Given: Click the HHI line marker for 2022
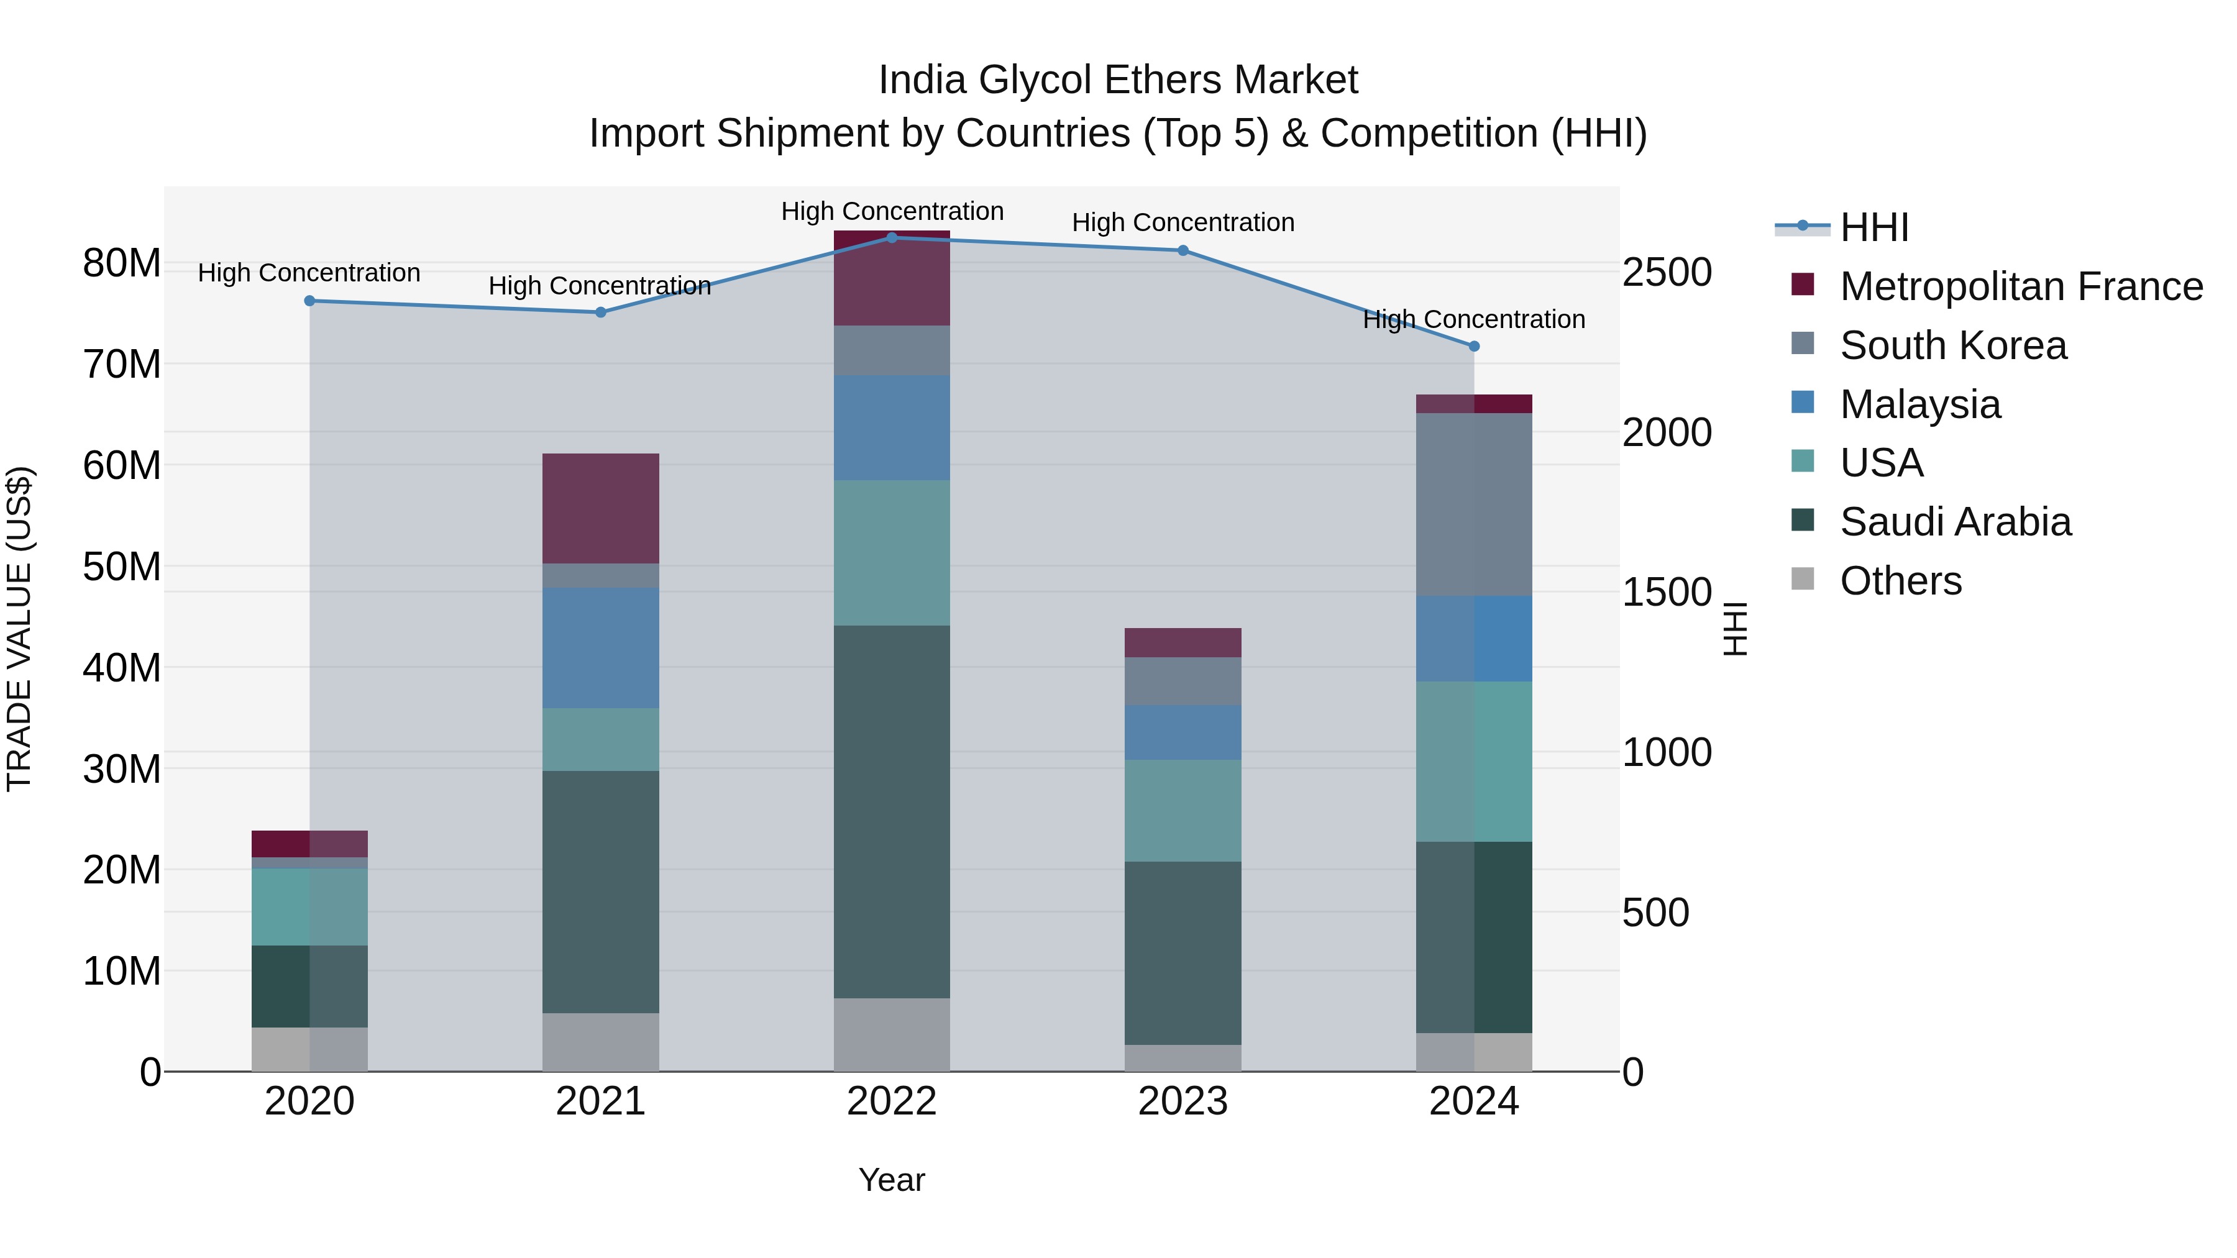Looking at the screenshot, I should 891,237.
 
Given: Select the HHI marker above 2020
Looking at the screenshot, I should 309,301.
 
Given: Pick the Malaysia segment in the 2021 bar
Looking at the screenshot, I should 600,648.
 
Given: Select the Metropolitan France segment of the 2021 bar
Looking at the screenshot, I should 600,508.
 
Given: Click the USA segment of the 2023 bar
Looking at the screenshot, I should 1182,810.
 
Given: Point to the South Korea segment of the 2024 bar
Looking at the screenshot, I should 1474,504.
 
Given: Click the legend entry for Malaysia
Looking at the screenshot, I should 1919,404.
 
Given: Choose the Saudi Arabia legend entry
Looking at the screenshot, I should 1954,522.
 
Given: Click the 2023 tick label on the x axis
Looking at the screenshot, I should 1182,1101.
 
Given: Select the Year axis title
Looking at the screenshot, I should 891,1180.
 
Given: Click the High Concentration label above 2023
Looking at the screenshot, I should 1182,223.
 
